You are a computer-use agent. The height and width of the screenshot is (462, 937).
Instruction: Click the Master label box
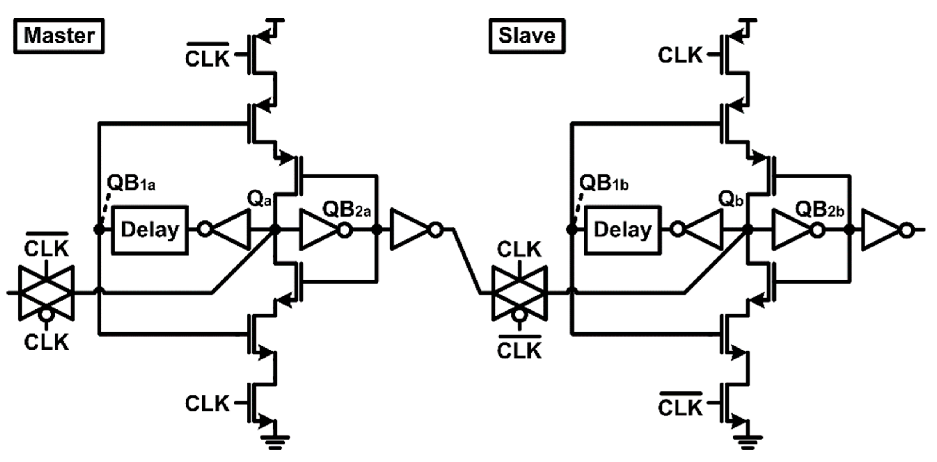pos(59,36)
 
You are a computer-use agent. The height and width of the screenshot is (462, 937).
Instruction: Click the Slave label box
pos(527,36)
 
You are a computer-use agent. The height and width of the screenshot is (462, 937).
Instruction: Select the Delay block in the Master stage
pos(150,230)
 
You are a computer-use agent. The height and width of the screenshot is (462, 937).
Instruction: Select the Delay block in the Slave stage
pos(623,230)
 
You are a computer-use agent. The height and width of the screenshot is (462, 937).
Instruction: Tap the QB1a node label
pos(131,183)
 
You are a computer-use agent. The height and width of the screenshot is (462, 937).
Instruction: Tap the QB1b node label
pos(604,183)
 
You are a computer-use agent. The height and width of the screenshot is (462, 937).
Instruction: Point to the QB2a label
pos(346,210)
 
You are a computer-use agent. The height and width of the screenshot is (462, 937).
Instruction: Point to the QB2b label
pos(819,210)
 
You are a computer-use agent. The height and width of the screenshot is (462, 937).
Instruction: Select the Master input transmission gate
pos(46,293)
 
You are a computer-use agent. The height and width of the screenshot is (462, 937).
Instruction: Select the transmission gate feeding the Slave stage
pos(519,293)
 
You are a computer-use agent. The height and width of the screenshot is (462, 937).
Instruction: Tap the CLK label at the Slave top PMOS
pos(680,55)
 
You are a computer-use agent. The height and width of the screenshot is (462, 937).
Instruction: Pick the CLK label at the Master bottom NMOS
pos(207,403)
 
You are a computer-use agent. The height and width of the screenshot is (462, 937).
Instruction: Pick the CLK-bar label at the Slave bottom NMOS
pos(680,406)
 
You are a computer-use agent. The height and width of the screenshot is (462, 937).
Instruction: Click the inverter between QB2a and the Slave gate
pos(413,229)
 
